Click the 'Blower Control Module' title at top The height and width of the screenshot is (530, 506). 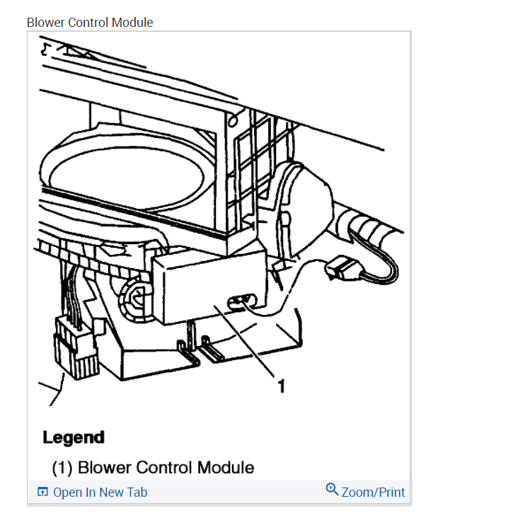click(x=90, y=23)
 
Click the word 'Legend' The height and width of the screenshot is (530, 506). click(x=74, y=437)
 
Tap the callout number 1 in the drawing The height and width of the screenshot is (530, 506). click(x=282, y=385)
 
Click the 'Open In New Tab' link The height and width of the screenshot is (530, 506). click(x=100, y=492)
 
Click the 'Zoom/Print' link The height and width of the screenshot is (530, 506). click(x=373, y=492)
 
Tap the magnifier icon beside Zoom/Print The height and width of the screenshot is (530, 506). click(x=332, y=490)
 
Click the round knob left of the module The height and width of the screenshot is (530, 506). click(x=136, y=296)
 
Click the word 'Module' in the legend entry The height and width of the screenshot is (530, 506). click(x=225, y=468)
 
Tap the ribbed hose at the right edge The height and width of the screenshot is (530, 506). click(x=375, y=226)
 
